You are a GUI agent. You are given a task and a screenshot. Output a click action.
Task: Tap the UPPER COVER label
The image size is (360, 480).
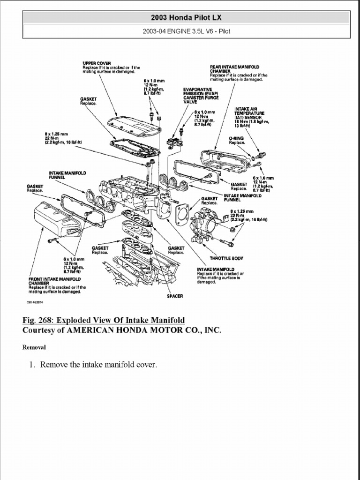click(93, 63)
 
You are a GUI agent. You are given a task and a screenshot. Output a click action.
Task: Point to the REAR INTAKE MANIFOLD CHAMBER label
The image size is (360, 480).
click(234, 68)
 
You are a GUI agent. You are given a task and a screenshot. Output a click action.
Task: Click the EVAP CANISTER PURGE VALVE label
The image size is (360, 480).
click(197, 96)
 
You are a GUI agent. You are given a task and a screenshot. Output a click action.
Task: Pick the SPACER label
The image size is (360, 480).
click(175, 296)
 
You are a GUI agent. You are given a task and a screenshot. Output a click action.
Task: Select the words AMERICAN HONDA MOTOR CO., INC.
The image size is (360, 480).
click(143, 330)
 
